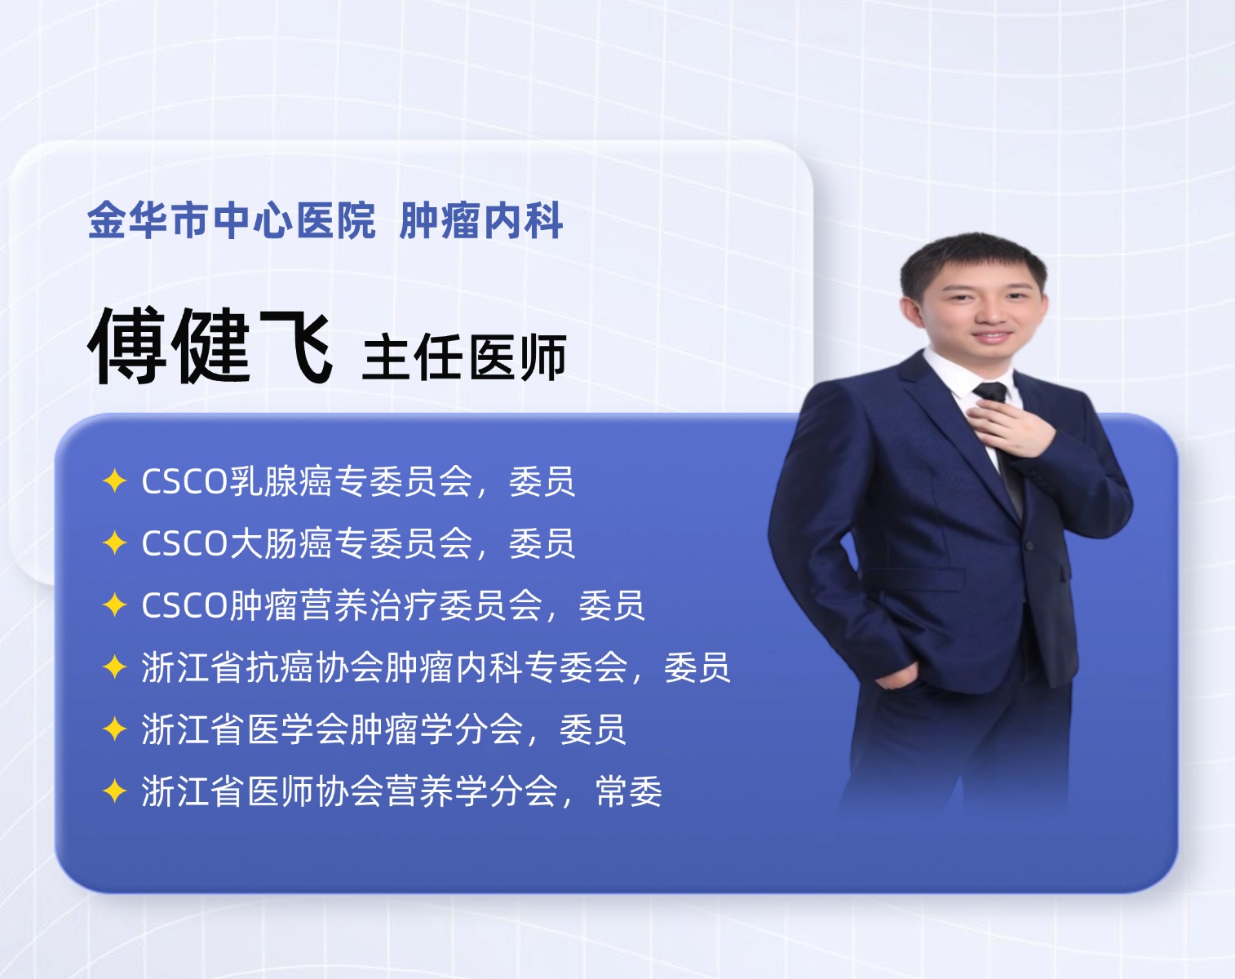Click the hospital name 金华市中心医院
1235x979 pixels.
[232, 220]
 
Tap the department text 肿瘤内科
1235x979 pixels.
[481, 220]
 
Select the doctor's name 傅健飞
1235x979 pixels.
[210, 346]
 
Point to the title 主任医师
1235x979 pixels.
[465, 357]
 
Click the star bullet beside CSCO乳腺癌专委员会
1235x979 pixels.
[115, 481]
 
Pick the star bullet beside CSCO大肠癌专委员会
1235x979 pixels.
[115, 543]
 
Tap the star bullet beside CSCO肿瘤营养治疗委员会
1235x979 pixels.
[115, 605]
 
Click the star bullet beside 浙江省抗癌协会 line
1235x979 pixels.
[115, 667]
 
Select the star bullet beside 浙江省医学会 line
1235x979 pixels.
[115, 729]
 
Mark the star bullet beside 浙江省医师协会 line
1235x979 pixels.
[115, 791]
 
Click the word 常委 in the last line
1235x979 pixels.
[629, 791]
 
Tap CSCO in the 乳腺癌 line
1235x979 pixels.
[185, 481]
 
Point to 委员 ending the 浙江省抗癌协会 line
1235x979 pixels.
[697, 667]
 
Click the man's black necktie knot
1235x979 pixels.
[991, 392]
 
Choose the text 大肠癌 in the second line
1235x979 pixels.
[281, 543]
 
